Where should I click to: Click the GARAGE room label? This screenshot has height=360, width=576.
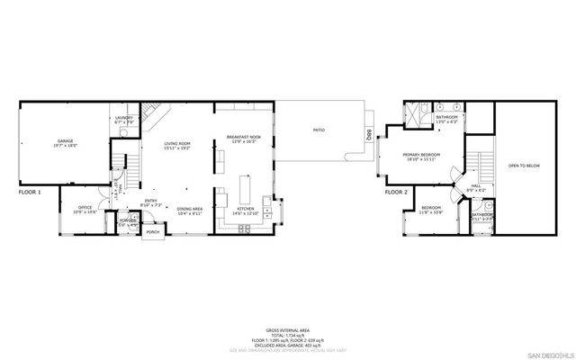coord(66,141)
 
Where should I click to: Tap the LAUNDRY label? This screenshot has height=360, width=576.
coord(124,119)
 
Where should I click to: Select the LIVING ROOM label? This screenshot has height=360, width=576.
coord(176,143)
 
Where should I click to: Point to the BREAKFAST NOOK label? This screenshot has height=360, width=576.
coord(244,138)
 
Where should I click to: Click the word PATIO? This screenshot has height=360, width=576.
coord(319,130)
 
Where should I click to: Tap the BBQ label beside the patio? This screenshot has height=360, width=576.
coord(369,135)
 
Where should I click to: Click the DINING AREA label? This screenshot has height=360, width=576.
coord(189,208)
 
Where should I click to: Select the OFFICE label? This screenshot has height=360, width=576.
coord(85,208)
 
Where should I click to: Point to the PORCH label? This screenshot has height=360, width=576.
coord(153,231)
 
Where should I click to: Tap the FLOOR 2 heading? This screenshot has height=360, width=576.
coord(396,192)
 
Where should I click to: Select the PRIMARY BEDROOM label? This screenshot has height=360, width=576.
coord(421,155)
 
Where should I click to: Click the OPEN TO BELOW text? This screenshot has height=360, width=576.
coord(524,166)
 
